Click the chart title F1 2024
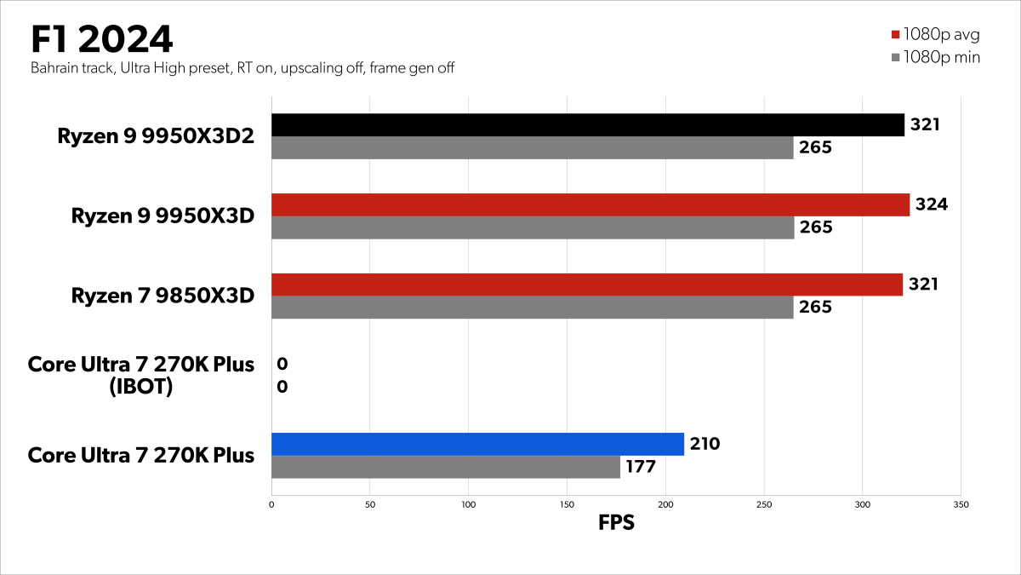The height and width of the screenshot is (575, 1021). [x=101, y=39]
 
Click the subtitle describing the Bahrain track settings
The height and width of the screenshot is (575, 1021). [x=242, y=68]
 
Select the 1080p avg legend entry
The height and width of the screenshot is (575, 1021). [x=934, y=35]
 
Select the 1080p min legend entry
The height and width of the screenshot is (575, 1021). [x=934, y=58]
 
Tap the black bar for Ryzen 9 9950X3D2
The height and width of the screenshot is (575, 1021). [x=587, y=125]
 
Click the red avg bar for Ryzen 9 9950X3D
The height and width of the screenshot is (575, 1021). [x=590, y=204]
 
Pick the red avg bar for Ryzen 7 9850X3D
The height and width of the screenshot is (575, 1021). [x=586, y=285]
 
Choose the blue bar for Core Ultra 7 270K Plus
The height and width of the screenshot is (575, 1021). [x=477, y=444]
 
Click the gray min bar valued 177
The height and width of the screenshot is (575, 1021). [x=445, y=467]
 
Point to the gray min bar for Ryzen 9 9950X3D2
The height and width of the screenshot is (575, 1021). [x=532, y=148]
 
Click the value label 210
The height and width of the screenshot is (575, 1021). [x=705, y=444]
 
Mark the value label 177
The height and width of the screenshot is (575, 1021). [x=642, y=467]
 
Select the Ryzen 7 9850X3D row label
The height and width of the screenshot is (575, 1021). [x=163, y=296]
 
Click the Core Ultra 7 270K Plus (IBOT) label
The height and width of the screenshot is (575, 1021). [x=141, y=376]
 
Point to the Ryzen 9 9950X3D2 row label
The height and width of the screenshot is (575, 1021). [x=156, y=136]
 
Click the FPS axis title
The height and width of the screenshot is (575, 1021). [x=616, y=523]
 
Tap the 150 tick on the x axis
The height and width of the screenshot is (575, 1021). [x=567, y=504]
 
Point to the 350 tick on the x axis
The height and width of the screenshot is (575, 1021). [x=961, y=504]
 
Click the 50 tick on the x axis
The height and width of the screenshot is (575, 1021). [x=369, y=504]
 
